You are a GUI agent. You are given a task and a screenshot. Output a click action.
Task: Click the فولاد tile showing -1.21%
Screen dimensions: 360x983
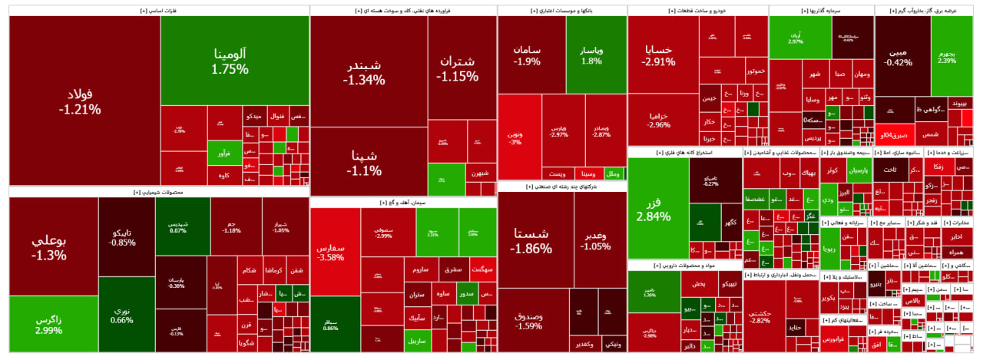80,101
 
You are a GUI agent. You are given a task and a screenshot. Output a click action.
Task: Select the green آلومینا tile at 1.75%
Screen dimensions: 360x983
230,61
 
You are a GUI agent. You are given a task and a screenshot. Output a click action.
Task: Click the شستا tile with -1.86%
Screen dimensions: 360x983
531,240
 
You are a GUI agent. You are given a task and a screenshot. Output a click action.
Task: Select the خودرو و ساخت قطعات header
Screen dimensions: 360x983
697,11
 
